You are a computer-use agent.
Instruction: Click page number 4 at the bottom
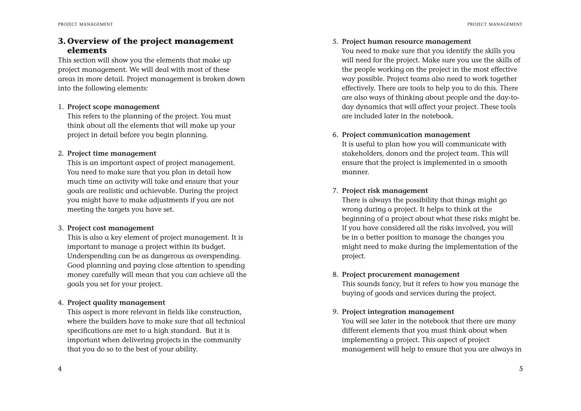tap(60, 369)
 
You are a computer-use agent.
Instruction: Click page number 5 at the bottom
tap(521, 369)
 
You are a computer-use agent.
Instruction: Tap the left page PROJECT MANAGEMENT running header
tap(85, 24)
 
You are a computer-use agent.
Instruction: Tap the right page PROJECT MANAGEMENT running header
tap(495, 24)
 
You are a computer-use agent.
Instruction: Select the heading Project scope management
tap(113, 107)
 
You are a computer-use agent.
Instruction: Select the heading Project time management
tap(111, 153)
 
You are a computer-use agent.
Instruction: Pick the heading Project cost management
tap(110, 228)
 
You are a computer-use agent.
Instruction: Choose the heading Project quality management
tap(116, 302)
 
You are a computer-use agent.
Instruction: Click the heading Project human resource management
tap(406, 41)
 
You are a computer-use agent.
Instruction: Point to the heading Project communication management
tap(406, 135)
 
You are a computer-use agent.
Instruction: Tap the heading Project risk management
tap(385, 190)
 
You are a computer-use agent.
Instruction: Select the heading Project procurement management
tap(401, 274)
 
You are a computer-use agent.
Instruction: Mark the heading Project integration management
tap(398, 312)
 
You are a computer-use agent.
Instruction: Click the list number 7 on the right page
tap(335, 190)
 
